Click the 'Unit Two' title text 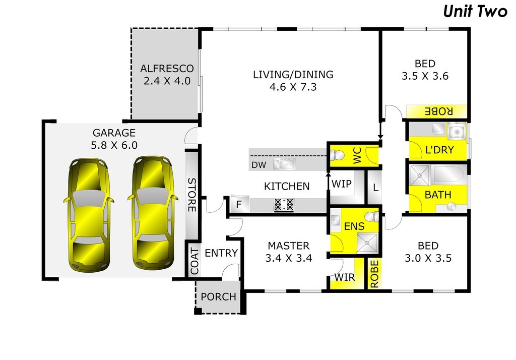pyautogui.click(x=475, y=11)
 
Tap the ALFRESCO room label pyautogui.click(x=167, y=69)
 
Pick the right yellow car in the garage pyautogui.click(x=153, y=213)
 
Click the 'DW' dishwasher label pyautogui.click(x=259, y=165)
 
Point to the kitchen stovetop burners pyautogui.click(x=284, y=205)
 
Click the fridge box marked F pyautogui.click(x=239, y=205)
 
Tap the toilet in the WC pyautogui.click(x=337, y=155)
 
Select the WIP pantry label pyautogui.click(x=341, y=184)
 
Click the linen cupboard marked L pyautogui.click(x=375, y=188)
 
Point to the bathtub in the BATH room pyautogui.click(x=449, y=174)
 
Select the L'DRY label pyautogui.click(x=439, y=150)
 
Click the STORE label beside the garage pyautogui.click(x=192, y=195)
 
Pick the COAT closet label pyautogui.click(x=195, y=262)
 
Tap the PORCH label pyautogui.click(x=219, y=297)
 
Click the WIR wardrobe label pyautogui.click(x=345, y=277)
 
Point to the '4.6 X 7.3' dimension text pyautogui.click(x=293, y=87)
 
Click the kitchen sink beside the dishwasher pyautogui.click(x=285, y=164)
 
